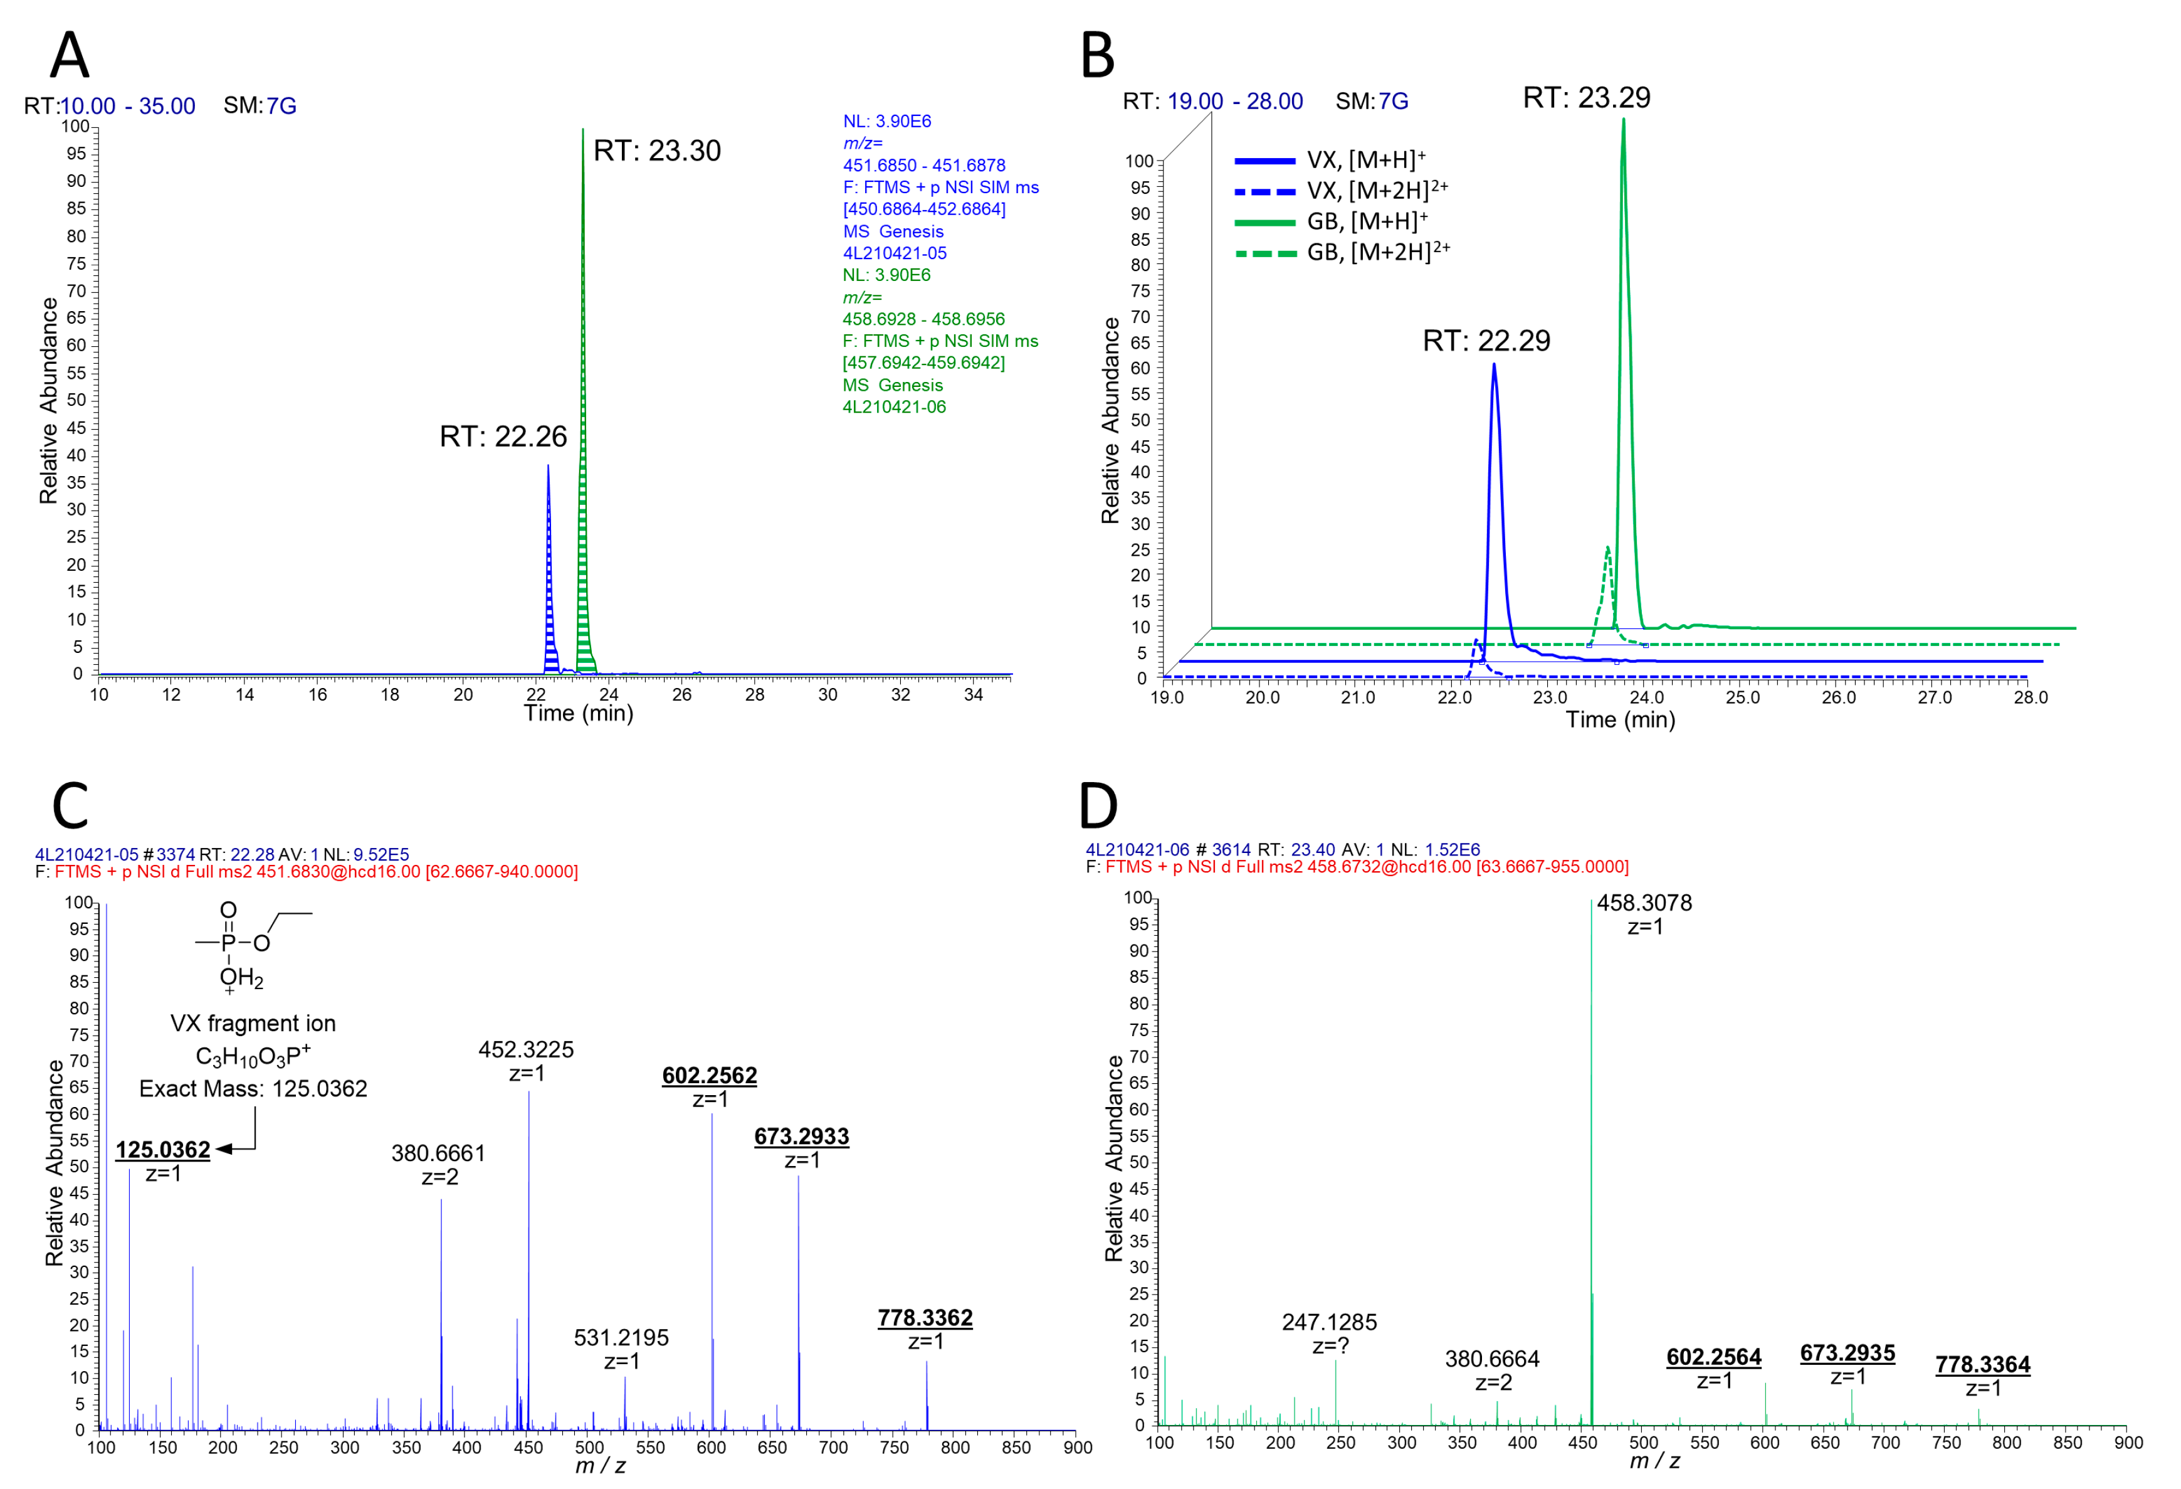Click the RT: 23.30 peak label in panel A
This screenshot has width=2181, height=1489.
point(657,151)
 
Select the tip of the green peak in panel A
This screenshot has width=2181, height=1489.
point(583,130)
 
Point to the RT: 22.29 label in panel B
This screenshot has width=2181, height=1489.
point(1486,341)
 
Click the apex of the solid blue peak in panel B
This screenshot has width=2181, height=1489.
point(1494,365)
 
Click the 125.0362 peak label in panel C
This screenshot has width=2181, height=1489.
point(162,1150)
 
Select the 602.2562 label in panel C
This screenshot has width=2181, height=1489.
point(710,1076)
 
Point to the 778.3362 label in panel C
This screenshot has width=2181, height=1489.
point(925,1318)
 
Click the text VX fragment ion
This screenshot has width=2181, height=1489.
point(253,1024)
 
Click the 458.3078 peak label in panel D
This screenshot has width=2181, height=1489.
point(1644,903)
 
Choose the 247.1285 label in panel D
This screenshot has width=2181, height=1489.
point(1329,1322)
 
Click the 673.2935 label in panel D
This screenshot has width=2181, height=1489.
point(1847,1353)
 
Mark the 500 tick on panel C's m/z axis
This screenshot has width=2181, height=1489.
point(589,1447)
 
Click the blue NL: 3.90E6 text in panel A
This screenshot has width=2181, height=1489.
point(887,121)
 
